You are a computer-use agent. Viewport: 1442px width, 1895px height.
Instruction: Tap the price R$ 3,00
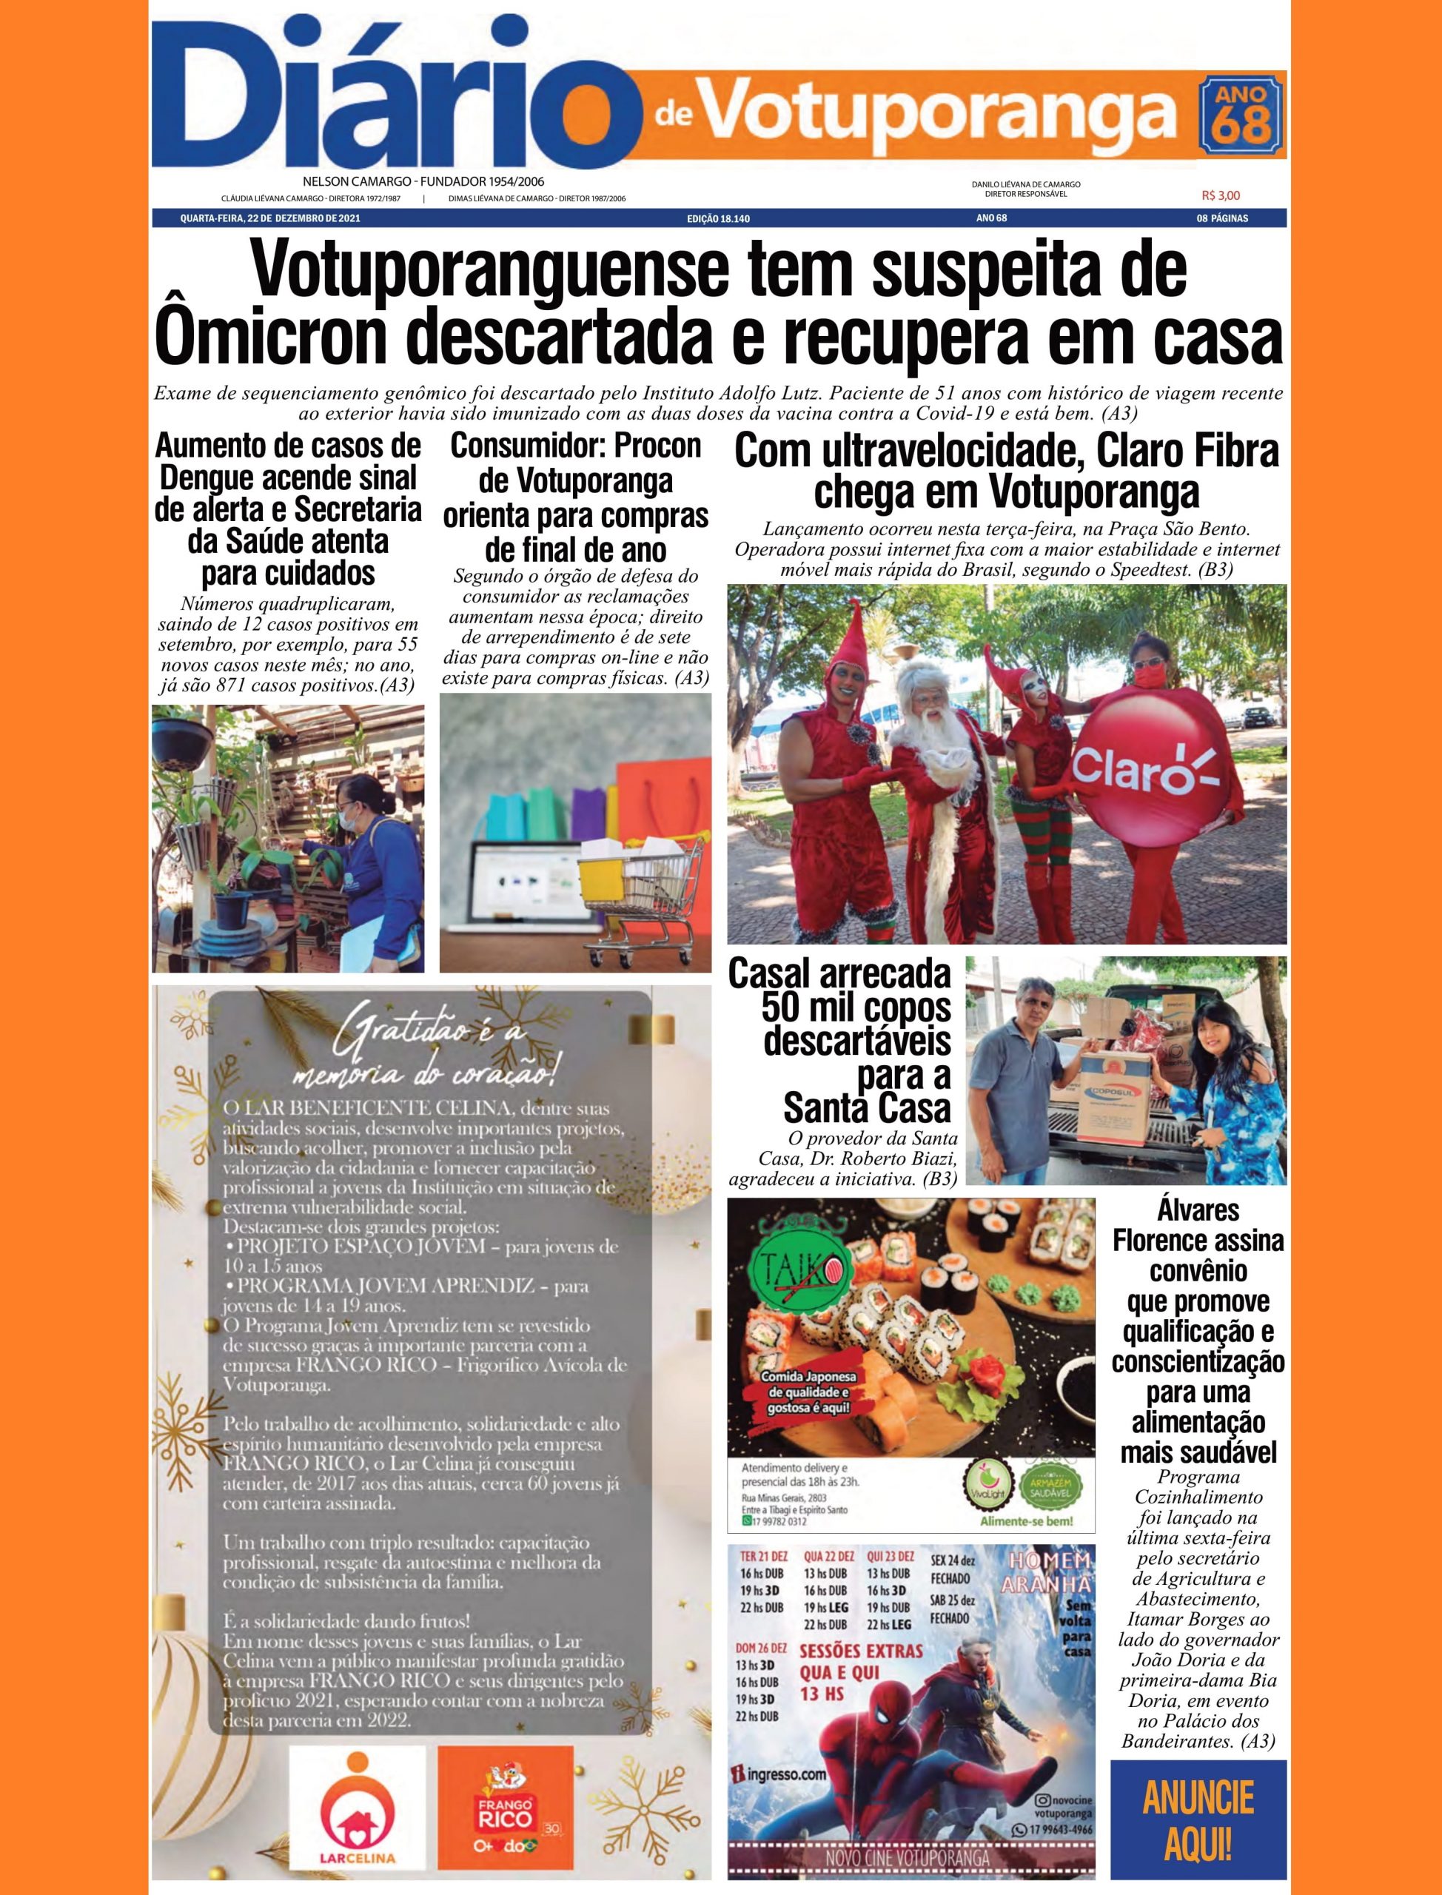pyautogui.click(x=1221, y=195)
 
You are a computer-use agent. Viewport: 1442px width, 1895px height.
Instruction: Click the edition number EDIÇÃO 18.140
pyautogui.click(x=719, y=220)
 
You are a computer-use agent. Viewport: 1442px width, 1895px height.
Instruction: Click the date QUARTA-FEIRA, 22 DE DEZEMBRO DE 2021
pyautogui.click(x=269, y=220)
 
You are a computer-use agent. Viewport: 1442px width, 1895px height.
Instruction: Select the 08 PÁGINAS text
pyautogui.click(x=1222, y=220)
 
